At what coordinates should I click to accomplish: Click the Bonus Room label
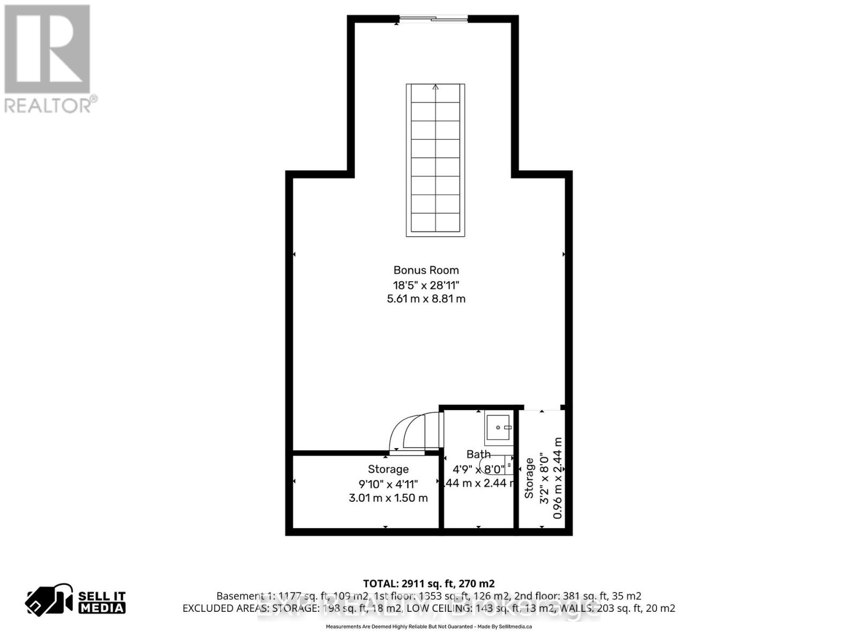[x=426, y=270]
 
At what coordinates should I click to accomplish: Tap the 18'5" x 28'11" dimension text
[x=426, y=284]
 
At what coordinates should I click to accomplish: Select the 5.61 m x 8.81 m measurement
[x=426, y=299]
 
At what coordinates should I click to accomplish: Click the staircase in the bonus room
[x=435, y=160]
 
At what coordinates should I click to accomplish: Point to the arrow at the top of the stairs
[x=435, y=87]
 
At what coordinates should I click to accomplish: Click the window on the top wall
[x=434, y=19]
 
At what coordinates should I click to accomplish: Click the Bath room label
[x=478, y=455]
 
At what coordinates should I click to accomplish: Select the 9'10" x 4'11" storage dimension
[x=388, y=484]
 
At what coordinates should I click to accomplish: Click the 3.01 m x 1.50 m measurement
[x=388, y=498]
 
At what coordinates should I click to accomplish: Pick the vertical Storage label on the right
[x=529, y=478]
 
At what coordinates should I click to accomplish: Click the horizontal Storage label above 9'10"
[x=388, y=469]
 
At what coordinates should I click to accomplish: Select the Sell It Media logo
[x=76, y=602]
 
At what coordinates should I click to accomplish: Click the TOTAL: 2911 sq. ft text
[x=428, y=583]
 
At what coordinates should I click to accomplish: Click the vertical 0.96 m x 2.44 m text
[x=558, y=478]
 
